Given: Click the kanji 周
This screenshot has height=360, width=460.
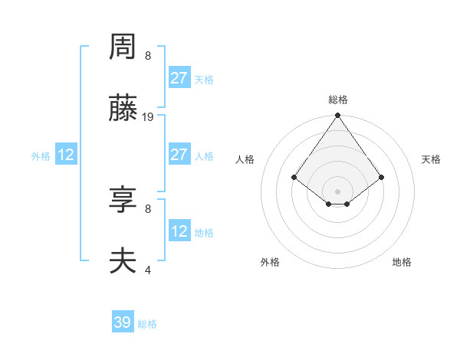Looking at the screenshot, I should (x=123, y=48).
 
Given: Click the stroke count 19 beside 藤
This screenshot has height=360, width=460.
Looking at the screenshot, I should (x=148, y=117).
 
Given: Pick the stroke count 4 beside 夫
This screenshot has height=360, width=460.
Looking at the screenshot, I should (x=148, y=270).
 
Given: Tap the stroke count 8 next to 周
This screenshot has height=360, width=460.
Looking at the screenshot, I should (x=148, y=56).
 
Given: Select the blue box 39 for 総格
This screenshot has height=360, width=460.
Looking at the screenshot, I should (x=123, y=322).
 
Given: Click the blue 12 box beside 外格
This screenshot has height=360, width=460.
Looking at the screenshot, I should (x=66, y=155).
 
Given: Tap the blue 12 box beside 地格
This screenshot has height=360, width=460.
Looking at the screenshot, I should (x=179, y=231).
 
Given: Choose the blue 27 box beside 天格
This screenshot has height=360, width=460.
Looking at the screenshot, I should (x=179, y=78).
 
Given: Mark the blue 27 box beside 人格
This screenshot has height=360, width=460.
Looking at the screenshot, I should (x=179, y=155).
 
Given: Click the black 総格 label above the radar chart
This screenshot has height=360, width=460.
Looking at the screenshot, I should (x=338, y=100).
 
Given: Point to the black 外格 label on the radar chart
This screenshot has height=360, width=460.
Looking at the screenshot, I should (x=270, y=262).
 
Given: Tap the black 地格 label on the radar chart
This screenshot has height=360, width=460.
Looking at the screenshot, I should (x=402, y=262).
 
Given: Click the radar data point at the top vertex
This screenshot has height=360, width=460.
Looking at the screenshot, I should (x=337, y=116).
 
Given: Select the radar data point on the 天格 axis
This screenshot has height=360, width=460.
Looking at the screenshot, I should (x=382, y=177).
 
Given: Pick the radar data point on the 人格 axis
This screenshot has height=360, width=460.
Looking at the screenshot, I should (x=294, y=177).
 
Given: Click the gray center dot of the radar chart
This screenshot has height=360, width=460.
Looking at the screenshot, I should (x=337, y=191).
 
